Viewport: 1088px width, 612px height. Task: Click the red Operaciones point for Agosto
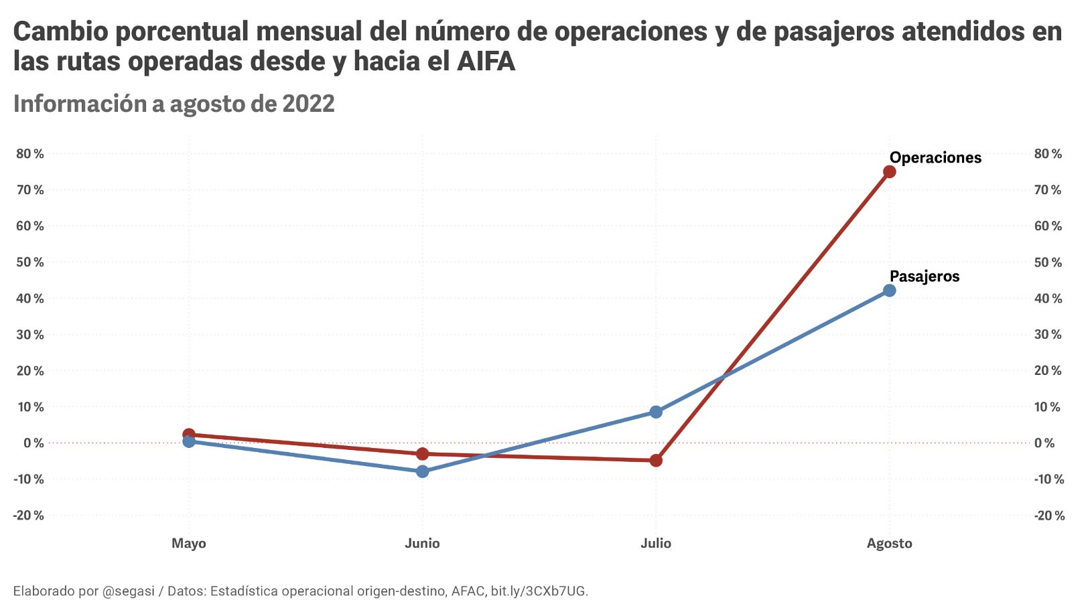(889, 172)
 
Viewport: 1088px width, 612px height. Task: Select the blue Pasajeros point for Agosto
(889, 291)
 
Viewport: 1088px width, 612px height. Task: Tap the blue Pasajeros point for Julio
(656, 412)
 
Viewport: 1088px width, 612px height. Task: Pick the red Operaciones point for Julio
(656, 461)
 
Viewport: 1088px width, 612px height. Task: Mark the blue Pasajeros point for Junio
(422, 471)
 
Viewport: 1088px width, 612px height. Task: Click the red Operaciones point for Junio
(422, 454)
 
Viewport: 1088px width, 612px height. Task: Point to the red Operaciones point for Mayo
(189, 435)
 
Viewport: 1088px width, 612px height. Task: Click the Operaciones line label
(935, 158)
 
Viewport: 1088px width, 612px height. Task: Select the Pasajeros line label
(924, 277)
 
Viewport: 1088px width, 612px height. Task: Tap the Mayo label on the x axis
(189, 543)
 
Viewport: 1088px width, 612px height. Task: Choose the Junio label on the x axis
(422, 543)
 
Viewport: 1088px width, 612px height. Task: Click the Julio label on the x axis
(656, 543)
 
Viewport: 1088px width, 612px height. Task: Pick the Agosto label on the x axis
(889, 543)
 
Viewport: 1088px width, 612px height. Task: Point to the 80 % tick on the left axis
(30, 154)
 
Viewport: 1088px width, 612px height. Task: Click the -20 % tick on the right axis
(1049, 516)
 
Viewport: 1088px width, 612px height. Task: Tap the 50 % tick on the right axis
(1048, 262)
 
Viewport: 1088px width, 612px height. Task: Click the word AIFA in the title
(486, 62)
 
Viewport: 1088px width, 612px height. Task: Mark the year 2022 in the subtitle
(308, 104)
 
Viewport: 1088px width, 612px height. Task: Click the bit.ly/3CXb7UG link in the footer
(539, 591)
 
